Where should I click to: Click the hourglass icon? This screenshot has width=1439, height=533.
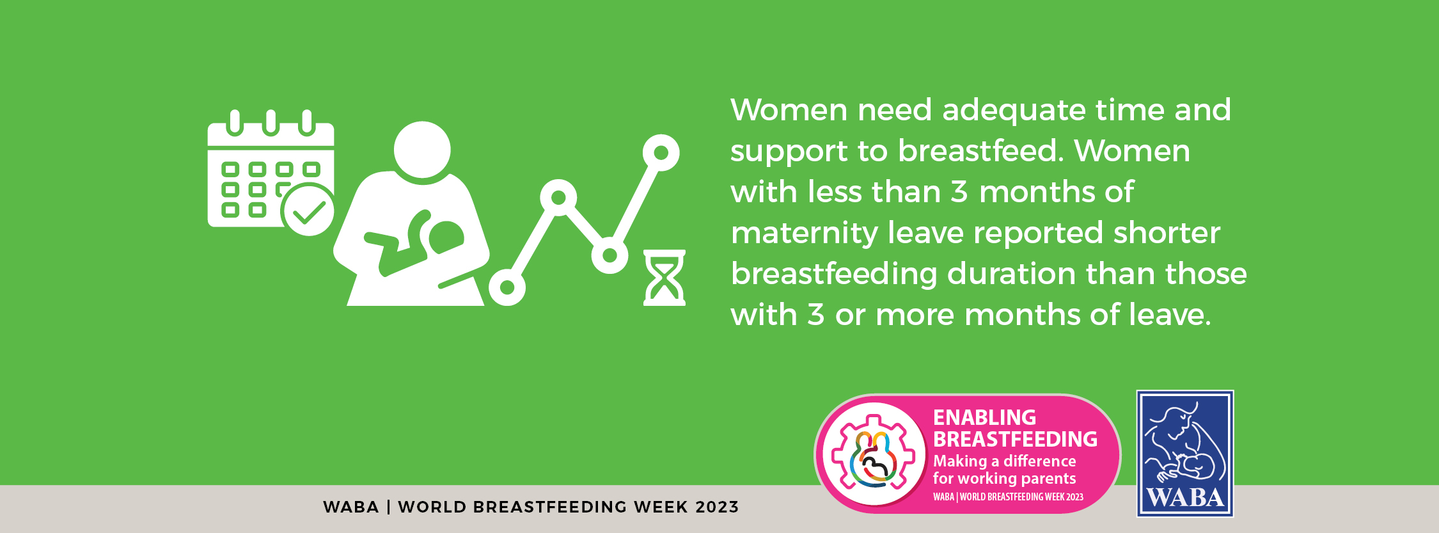pos(664,278)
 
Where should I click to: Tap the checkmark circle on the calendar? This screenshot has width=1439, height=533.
pos(308,210)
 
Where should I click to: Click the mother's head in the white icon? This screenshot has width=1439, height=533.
pos(422,150)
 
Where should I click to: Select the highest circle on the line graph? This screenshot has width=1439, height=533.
pos(661,153)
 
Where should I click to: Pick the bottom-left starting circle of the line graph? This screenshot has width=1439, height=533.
pos(507,287)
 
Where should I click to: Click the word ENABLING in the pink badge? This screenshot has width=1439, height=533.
pos(984,417)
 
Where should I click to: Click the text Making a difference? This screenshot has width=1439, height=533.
pos(1004,461)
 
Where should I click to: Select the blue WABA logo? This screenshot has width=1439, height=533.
pos(1185,454)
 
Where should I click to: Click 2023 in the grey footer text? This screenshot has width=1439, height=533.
pos(717,507)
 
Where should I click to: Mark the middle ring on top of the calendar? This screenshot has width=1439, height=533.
pos(271,123)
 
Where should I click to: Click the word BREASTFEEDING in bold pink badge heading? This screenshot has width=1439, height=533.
pos(1015,439)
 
